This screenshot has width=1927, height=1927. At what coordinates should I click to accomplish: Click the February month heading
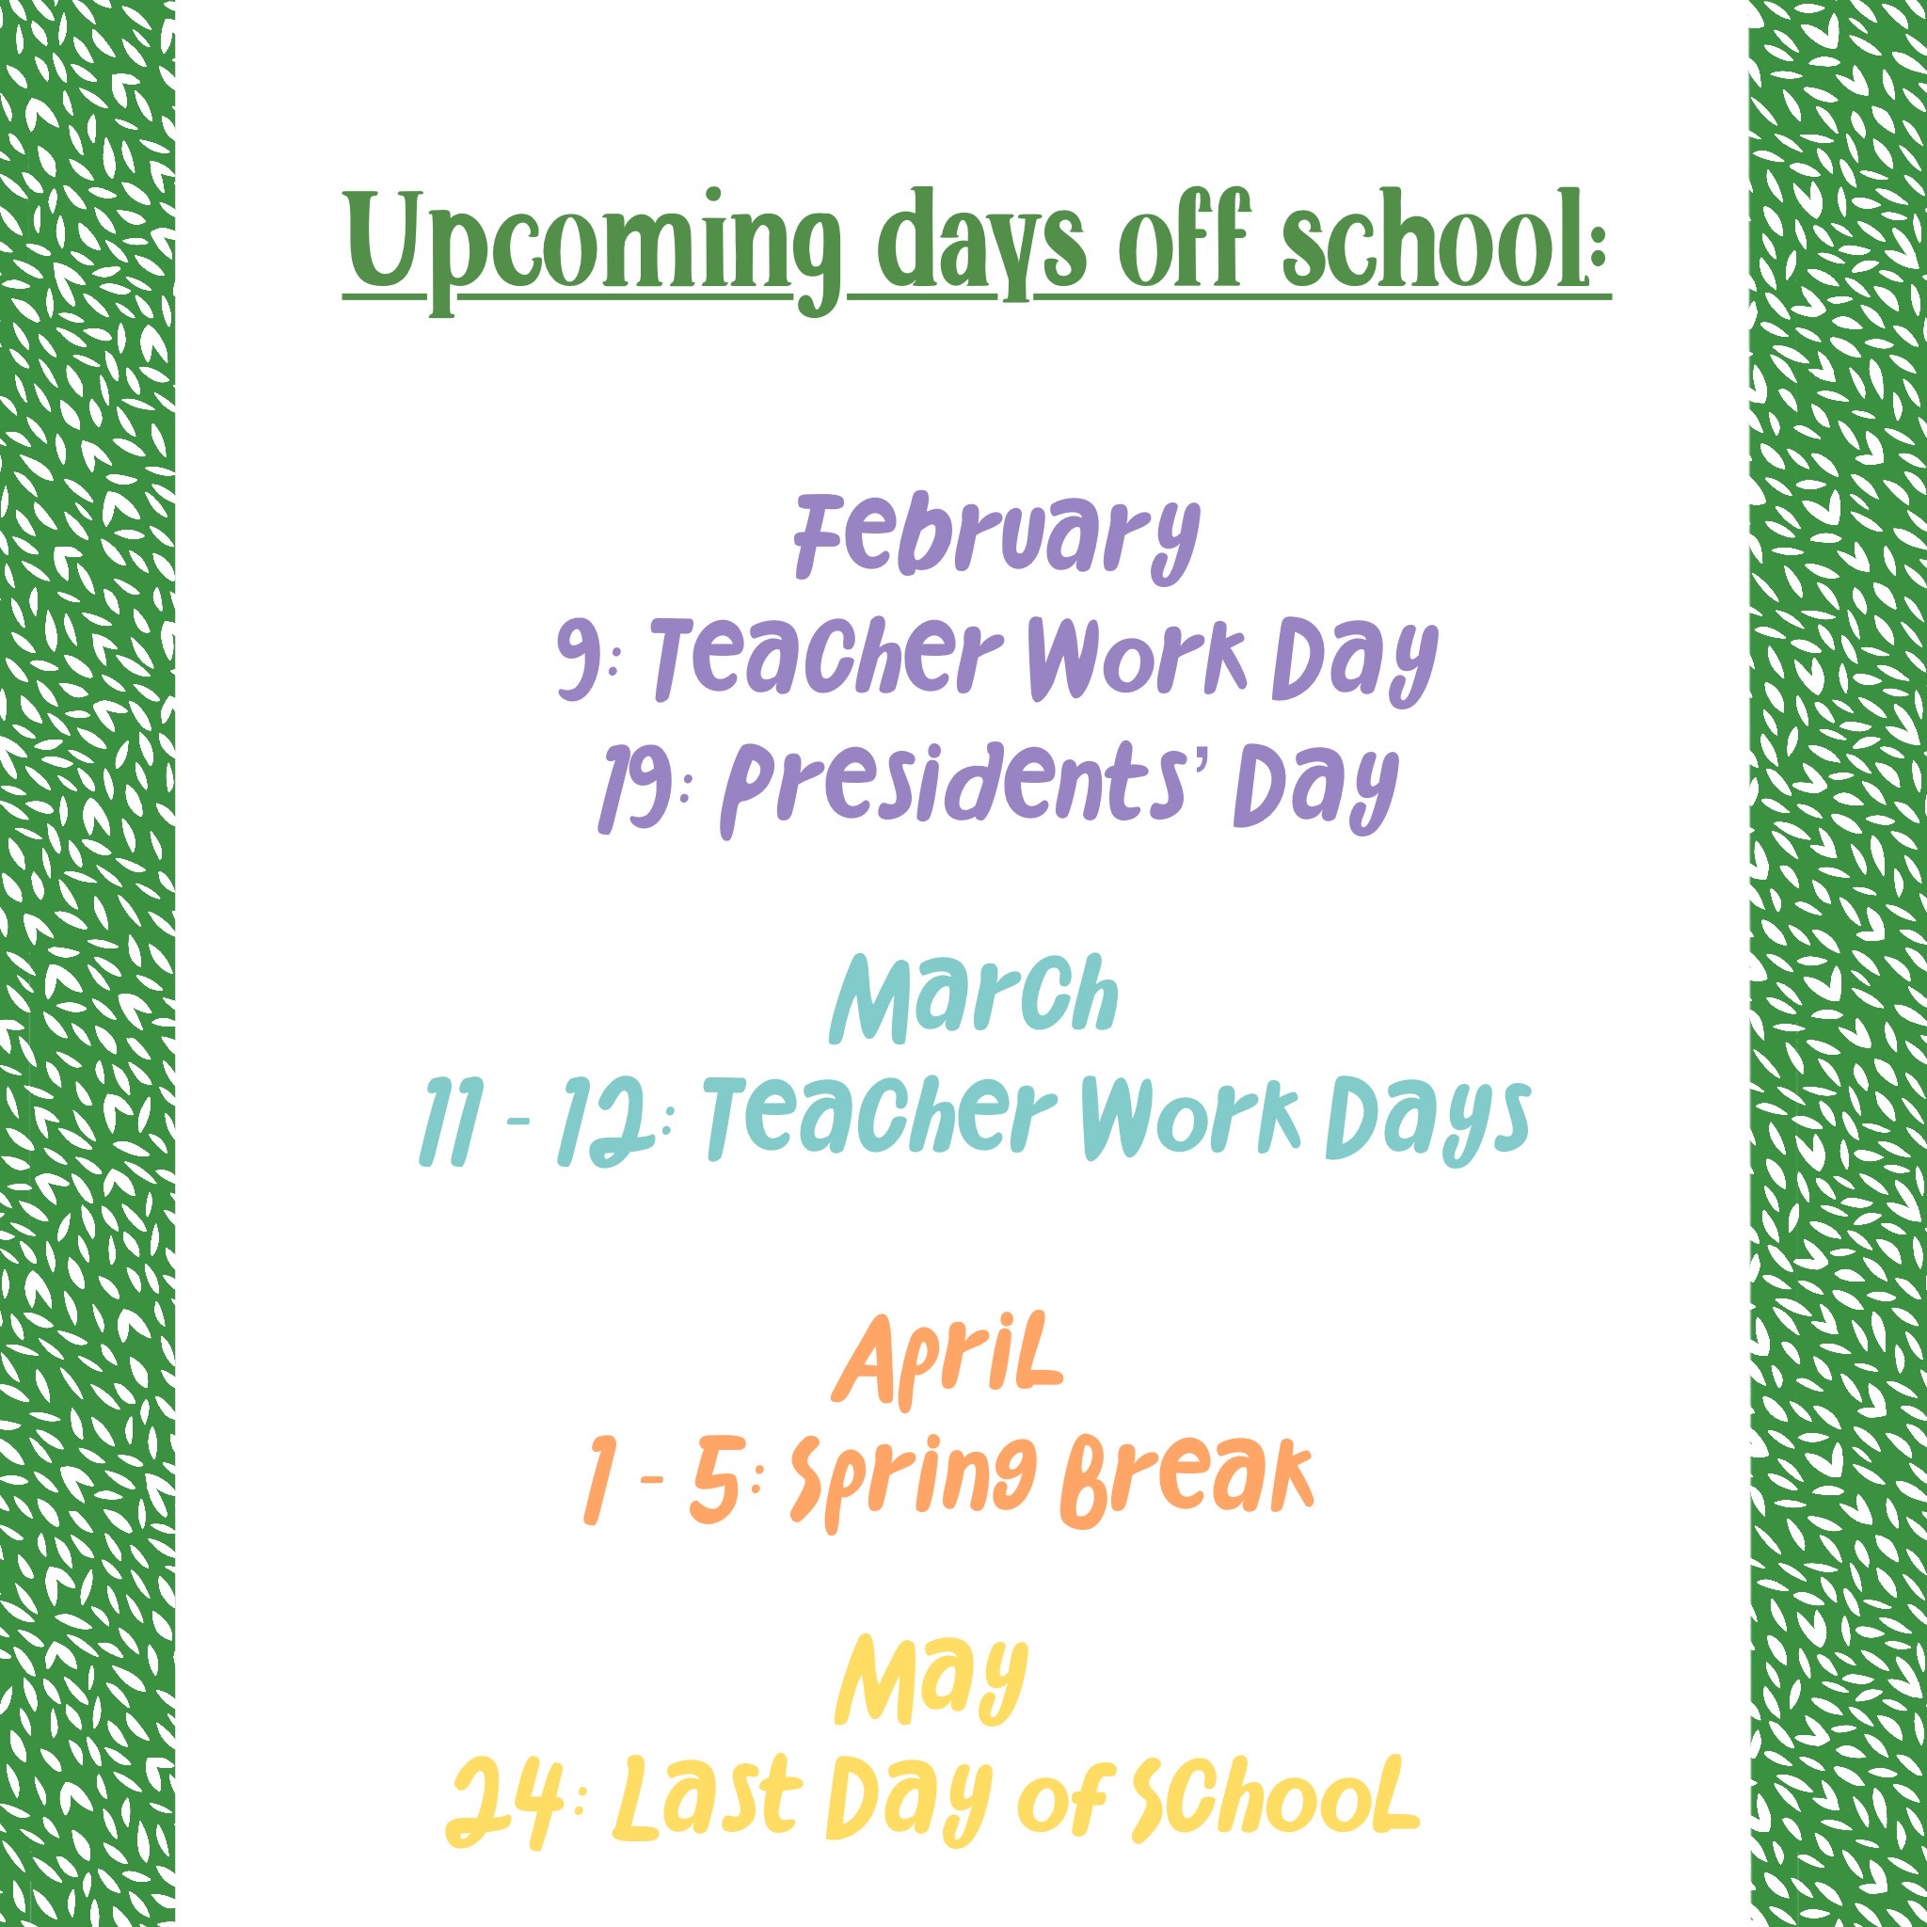click(996, 539)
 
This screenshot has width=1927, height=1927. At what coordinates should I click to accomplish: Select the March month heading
click(974, 998)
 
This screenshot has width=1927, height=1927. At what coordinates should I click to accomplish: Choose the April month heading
click(948, 1361)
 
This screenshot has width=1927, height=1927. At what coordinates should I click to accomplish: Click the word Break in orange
click(1186, 1480)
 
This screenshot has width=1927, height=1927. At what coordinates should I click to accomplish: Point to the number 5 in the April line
click(715, 1481)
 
